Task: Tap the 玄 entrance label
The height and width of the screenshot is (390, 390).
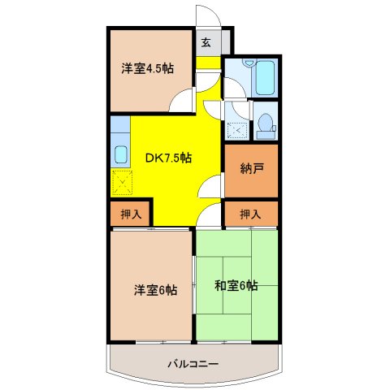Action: coord(206,43)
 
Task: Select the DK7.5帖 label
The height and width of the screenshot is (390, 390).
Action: coord(169,158)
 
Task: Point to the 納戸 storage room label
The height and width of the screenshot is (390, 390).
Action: coord(251,170)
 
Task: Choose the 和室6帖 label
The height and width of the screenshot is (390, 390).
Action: coord(236,285)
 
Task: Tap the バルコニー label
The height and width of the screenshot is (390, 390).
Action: coord(193,363)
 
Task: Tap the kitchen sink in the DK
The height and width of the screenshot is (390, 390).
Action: coord(119,154)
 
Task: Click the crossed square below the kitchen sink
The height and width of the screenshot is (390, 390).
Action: coord(123,184)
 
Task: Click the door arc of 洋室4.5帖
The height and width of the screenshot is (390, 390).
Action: coord(181,102)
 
